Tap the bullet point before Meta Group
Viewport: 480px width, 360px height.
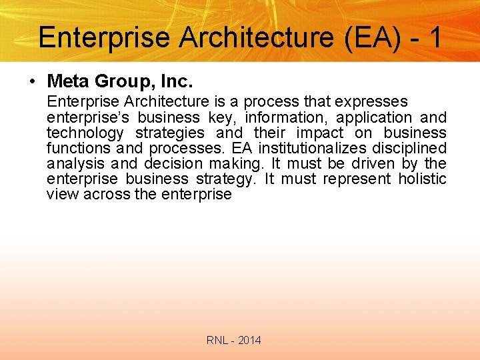click(x=32, y=82)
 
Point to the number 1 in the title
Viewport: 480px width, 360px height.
click(x=435, y=37)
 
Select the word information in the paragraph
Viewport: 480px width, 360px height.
click(x=282, y=117)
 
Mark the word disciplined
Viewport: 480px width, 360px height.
click(x=409, y=148)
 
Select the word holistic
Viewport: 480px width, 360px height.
click(x=422, y=179)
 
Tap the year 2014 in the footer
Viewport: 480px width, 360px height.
click(x=249, y=341)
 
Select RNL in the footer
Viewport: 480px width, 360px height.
click(x=217, y=341)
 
